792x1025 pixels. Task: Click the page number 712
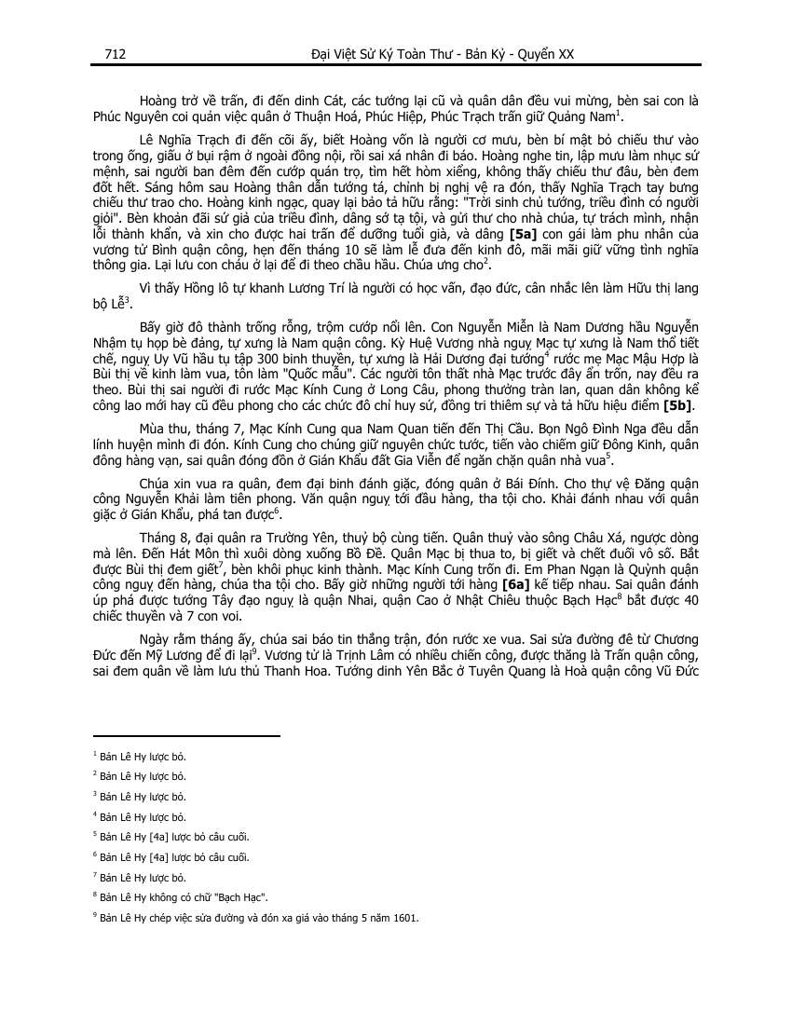tap(115, 54)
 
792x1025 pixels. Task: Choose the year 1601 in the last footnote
tap(406, 917)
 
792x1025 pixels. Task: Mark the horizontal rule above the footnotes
tap(185, 735)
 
